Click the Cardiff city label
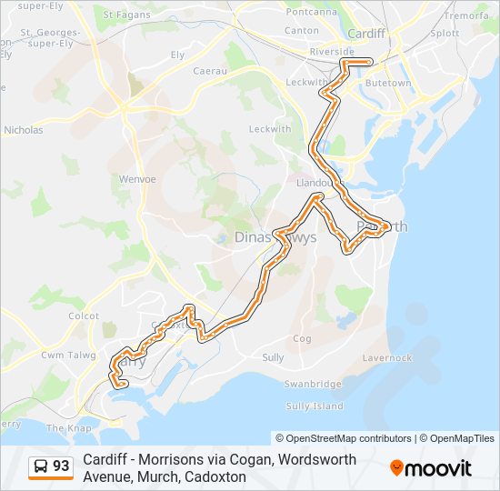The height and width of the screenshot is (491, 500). [366, 34]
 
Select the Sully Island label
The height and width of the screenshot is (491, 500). [315, 406]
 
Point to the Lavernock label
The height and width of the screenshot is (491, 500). [388, 358]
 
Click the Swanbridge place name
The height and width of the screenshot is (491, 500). [312, 384]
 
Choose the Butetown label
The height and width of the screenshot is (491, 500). [387, 84]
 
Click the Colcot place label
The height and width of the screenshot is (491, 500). [84, 316]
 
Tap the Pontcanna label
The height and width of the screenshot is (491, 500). [312, 12]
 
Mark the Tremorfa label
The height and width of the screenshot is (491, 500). [466, 15]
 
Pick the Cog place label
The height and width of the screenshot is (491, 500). [303, 339]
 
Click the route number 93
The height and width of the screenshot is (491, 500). [61, 466]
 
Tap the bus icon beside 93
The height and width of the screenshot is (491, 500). [41, 466]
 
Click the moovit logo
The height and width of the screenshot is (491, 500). [431, 468]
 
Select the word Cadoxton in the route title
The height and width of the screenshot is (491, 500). [216, 476]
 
